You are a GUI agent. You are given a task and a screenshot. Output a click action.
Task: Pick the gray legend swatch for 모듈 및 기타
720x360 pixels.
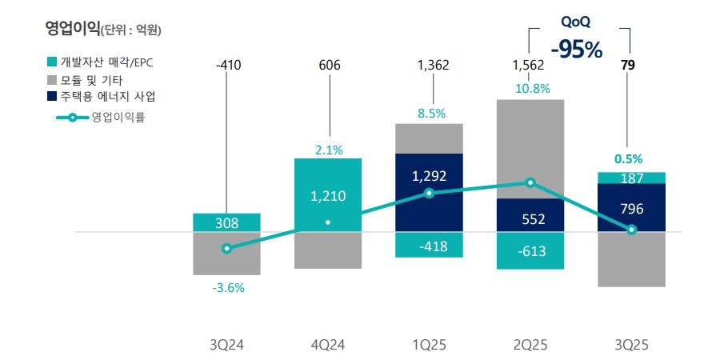pyautogui.click(x=53, y=79)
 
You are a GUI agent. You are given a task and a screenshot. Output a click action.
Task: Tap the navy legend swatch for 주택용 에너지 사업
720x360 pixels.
pyautogui.click(x=53, y=97)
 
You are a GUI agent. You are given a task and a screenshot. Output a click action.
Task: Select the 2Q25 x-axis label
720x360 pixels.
pyautogui.click(x=530, y=345)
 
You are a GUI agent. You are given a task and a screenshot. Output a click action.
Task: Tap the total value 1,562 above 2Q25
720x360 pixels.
pyautogui.click(x=529, y=66)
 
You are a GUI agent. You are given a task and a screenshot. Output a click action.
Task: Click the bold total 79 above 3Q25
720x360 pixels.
pyautogui.click(x=628, y=66)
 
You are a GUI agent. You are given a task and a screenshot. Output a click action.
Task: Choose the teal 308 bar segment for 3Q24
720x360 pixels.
pyautogui.click(x=226, y=223)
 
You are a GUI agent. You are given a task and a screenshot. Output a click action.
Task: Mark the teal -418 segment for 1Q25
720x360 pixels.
pyautogui.click(x=429, y=245)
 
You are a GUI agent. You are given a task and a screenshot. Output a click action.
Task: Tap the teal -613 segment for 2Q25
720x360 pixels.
pyautogui.click(x=530, y=250)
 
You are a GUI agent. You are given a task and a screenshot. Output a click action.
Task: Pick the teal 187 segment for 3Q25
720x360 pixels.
pyautogui.click(x=631, y=178)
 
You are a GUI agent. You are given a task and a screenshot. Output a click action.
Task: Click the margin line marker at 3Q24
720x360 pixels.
pyautogui.click(x=226, y=249)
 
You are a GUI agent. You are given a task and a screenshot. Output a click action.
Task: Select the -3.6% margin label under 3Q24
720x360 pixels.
pyautogui.click(x=228, y=288)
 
